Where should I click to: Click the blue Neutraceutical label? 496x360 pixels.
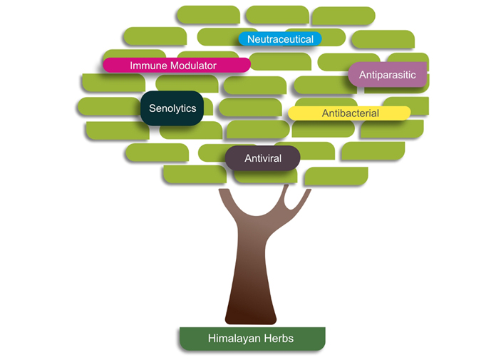[x=280, y=38]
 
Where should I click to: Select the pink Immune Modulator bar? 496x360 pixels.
[x=176, y=65]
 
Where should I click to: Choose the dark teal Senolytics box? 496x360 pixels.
[x=172, y=108]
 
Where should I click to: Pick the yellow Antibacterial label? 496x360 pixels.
[x=349, y=113]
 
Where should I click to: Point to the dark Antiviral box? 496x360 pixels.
[x=262, y=158]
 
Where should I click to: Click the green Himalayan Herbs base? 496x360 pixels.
[x=252, y=339]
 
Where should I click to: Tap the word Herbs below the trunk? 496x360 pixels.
[x=278, y=339]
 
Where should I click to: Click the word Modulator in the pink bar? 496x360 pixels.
[x=192, y=65]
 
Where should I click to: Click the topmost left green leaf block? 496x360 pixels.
[x=207, y=14]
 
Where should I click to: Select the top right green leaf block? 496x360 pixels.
[x=343, y=16]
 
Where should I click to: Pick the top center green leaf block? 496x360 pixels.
[x=277, y=14]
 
